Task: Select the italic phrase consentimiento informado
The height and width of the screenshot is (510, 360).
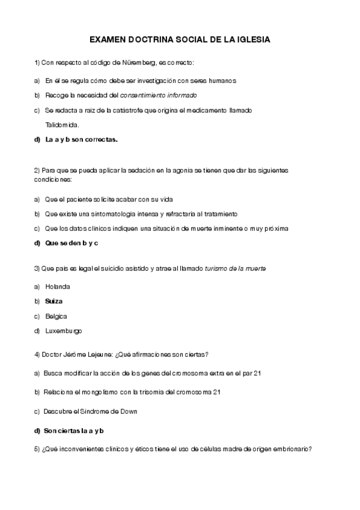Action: (159, 95)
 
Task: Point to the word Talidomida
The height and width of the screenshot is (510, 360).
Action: (62, 125)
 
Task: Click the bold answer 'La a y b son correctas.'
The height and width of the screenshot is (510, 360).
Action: (82, 140)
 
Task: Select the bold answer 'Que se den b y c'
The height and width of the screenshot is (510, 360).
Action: (72, 243)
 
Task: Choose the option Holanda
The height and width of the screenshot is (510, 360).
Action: (58, 286)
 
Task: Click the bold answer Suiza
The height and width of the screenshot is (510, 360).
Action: (54, 301)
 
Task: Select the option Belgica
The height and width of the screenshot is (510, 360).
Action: (56, 316)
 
